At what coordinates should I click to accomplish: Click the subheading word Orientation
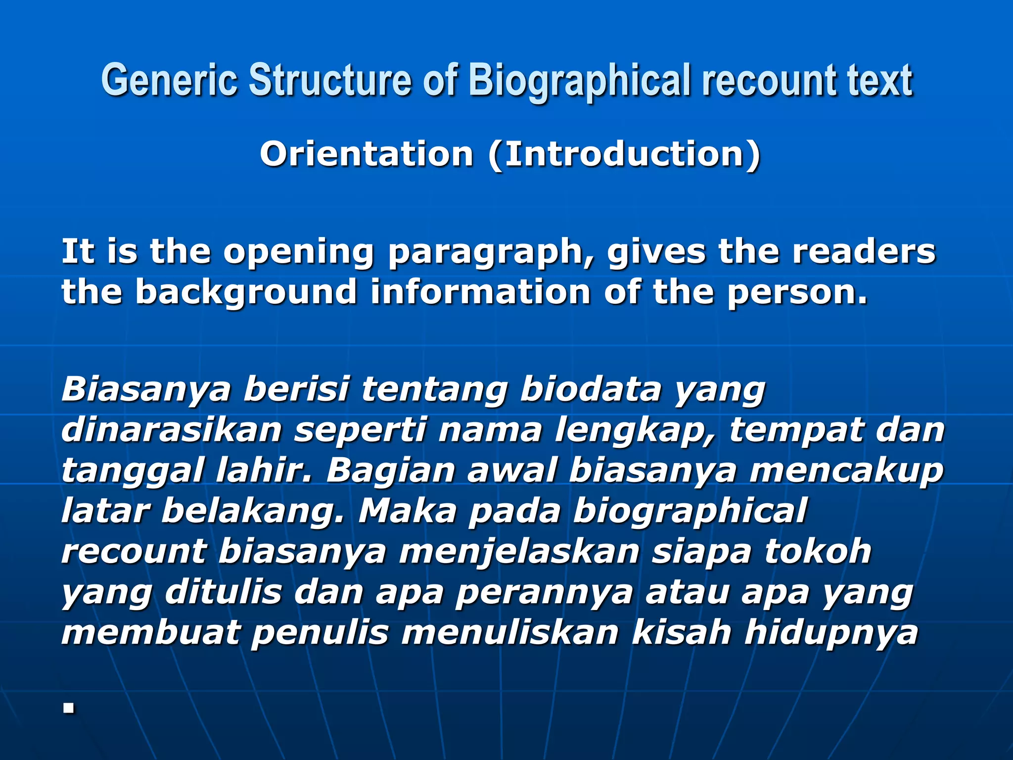click(367, 154)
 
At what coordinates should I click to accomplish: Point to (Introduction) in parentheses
click(624, 154)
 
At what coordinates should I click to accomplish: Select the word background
click(246, 292)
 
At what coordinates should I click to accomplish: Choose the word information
click(480, 291)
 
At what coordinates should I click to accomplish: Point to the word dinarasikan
click(171, 429)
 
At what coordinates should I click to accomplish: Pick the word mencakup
click(846, 471)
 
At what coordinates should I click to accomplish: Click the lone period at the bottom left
click(69, 709)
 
